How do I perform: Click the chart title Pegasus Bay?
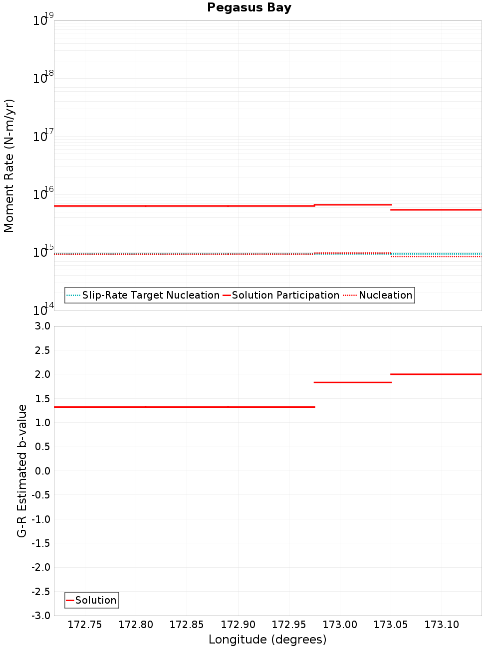pyautogui.click(x=249, y=7)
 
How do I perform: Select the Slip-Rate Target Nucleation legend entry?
pyautogui.click(x=150, y=295)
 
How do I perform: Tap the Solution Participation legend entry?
pyautogui.click(x=285, y=295)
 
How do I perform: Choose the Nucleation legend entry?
pyautogui.click(x=385, y=295)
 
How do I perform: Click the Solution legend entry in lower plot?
pyautogui.click(x=95, y=600)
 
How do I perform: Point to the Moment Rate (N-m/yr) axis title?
pyautogui.click(x=9, y=165)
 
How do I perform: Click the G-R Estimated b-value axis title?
pyautogui.click(x=22, y=471)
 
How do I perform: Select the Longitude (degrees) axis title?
pyautogui.click(x=267, y=640)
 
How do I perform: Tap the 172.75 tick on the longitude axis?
pyautogui.click(x=85, y=625)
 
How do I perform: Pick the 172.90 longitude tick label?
pyautogui.click(x=238, y=625)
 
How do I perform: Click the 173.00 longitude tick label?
pyautogui.click(x=340, y=625)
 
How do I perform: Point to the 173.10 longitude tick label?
pyautogui.click(x=442, y=625)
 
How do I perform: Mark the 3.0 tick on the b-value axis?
pyautogui.click(x=42, y=326)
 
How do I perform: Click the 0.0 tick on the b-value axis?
pyautogui.click(x=42, y=471)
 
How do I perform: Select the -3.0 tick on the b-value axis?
pyautogui.click(x=40, y=616)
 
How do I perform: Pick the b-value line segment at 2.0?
pyautogui.click(x=436, y=374)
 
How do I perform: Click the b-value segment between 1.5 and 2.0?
pyautogui.click(x=352, y=382)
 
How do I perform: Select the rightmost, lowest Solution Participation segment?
pyautogui.click(x=436, y=210)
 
